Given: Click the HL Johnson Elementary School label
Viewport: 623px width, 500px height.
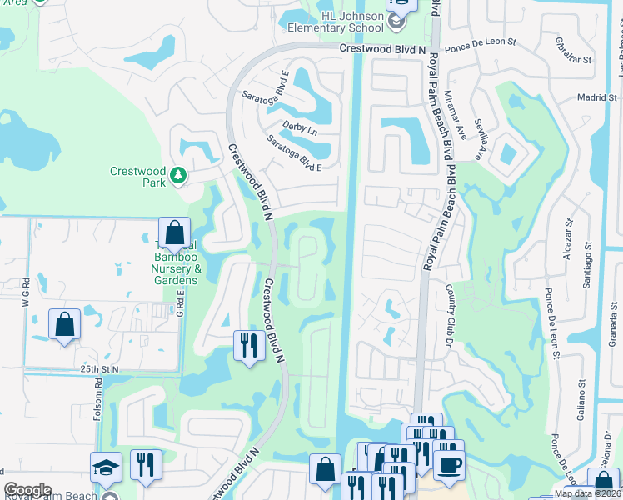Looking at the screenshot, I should [x=345, y=22].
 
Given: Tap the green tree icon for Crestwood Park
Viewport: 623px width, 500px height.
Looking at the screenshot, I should [x=177, y=175].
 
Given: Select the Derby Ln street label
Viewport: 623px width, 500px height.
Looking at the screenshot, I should [x=301, y=131].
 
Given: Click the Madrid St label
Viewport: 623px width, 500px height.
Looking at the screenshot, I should [x=596, y=97].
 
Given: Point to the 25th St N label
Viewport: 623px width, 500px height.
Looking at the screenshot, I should [x=100, y=368].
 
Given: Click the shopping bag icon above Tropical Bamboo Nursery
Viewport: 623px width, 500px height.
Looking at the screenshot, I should [x=174, y=232].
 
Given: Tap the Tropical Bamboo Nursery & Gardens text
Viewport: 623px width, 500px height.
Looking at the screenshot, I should [x=175, y=262].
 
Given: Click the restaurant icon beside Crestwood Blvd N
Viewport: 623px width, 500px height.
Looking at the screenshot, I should [x=247, y=345].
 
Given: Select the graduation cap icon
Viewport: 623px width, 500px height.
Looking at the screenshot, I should [x=107, y=468].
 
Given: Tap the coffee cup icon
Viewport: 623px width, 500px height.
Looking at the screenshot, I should [x=449, y=465].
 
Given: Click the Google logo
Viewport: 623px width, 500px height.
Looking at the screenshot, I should [x=27, y=490].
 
